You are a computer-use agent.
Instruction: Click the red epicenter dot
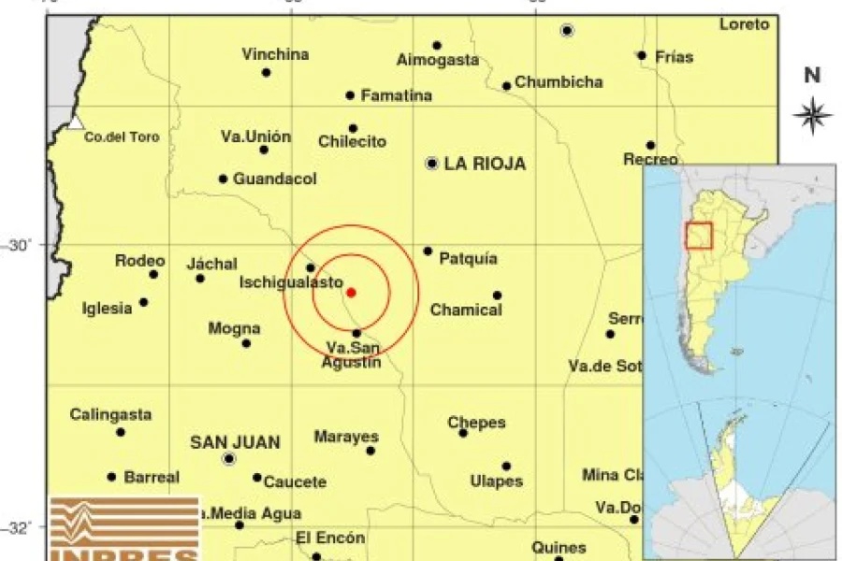[351, 293]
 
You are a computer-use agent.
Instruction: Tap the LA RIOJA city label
[485, 165]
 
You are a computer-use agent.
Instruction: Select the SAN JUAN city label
[235, 441]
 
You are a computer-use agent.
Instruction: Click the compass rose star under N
[812, 115]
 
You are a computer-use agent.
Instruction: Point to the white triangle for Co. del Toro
[76, 122]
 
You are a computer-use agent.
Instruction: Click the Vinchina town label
[275, 54]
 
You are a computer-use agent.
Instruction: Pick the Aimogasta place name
[438, 60]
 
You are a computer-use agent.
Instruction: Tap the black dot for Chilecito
[353, 128]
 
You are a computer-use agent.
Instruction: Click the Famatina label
[397, 95]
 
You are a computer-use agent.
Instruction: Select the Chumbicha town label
[559, 82]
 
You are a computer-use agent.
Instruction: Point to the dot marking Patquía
[428, 251]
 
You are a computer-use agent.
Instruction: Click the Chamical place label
[466, 309]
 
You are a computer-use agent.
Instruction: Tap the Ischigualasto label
[291, 281]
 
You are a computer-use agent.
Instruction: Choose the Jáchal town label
[212, 264]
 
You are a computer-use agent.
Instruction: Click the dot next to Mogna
[246, 343]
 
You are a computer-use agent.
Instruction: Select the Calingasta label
[110, 414]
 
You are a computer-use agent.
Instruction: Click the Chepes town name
[476, 423]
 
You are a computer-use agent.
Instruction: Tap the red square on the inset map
[699, 236]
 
